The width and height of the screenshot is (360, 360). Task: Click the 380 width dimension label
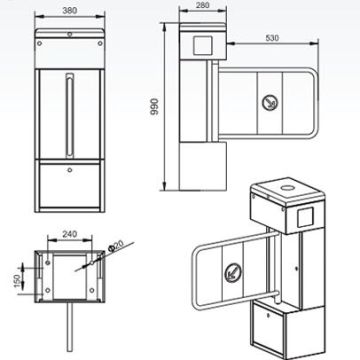pyautogui.click(x=70, y=11)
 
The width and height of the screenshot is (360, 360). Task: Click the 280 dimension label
pyautogui.click(x=203, y=5)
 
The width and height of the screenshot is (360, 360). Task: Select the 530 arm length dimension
pyautogui.click(x=272, y=38)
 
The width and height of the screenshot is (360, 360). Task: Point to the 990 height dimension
pyautogui.click(x=154, y=106)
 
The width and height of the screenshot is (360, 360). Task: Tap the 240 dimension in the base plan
pyautogui.click(x=70, y=234)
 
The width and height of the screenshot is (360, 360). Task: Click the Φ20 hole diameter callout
pyautogui.click(x=116, y=245)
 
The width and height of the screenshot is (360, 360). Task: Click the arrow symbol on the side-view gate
pyautogui.click(x=269, y=103)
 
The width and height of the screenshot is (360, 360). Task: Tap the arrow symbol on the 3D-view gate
pyautogui.click(x=233, y=272)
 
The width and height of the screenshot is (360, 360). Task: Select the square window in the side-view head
pyautogui.click(x=203, y=46)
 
